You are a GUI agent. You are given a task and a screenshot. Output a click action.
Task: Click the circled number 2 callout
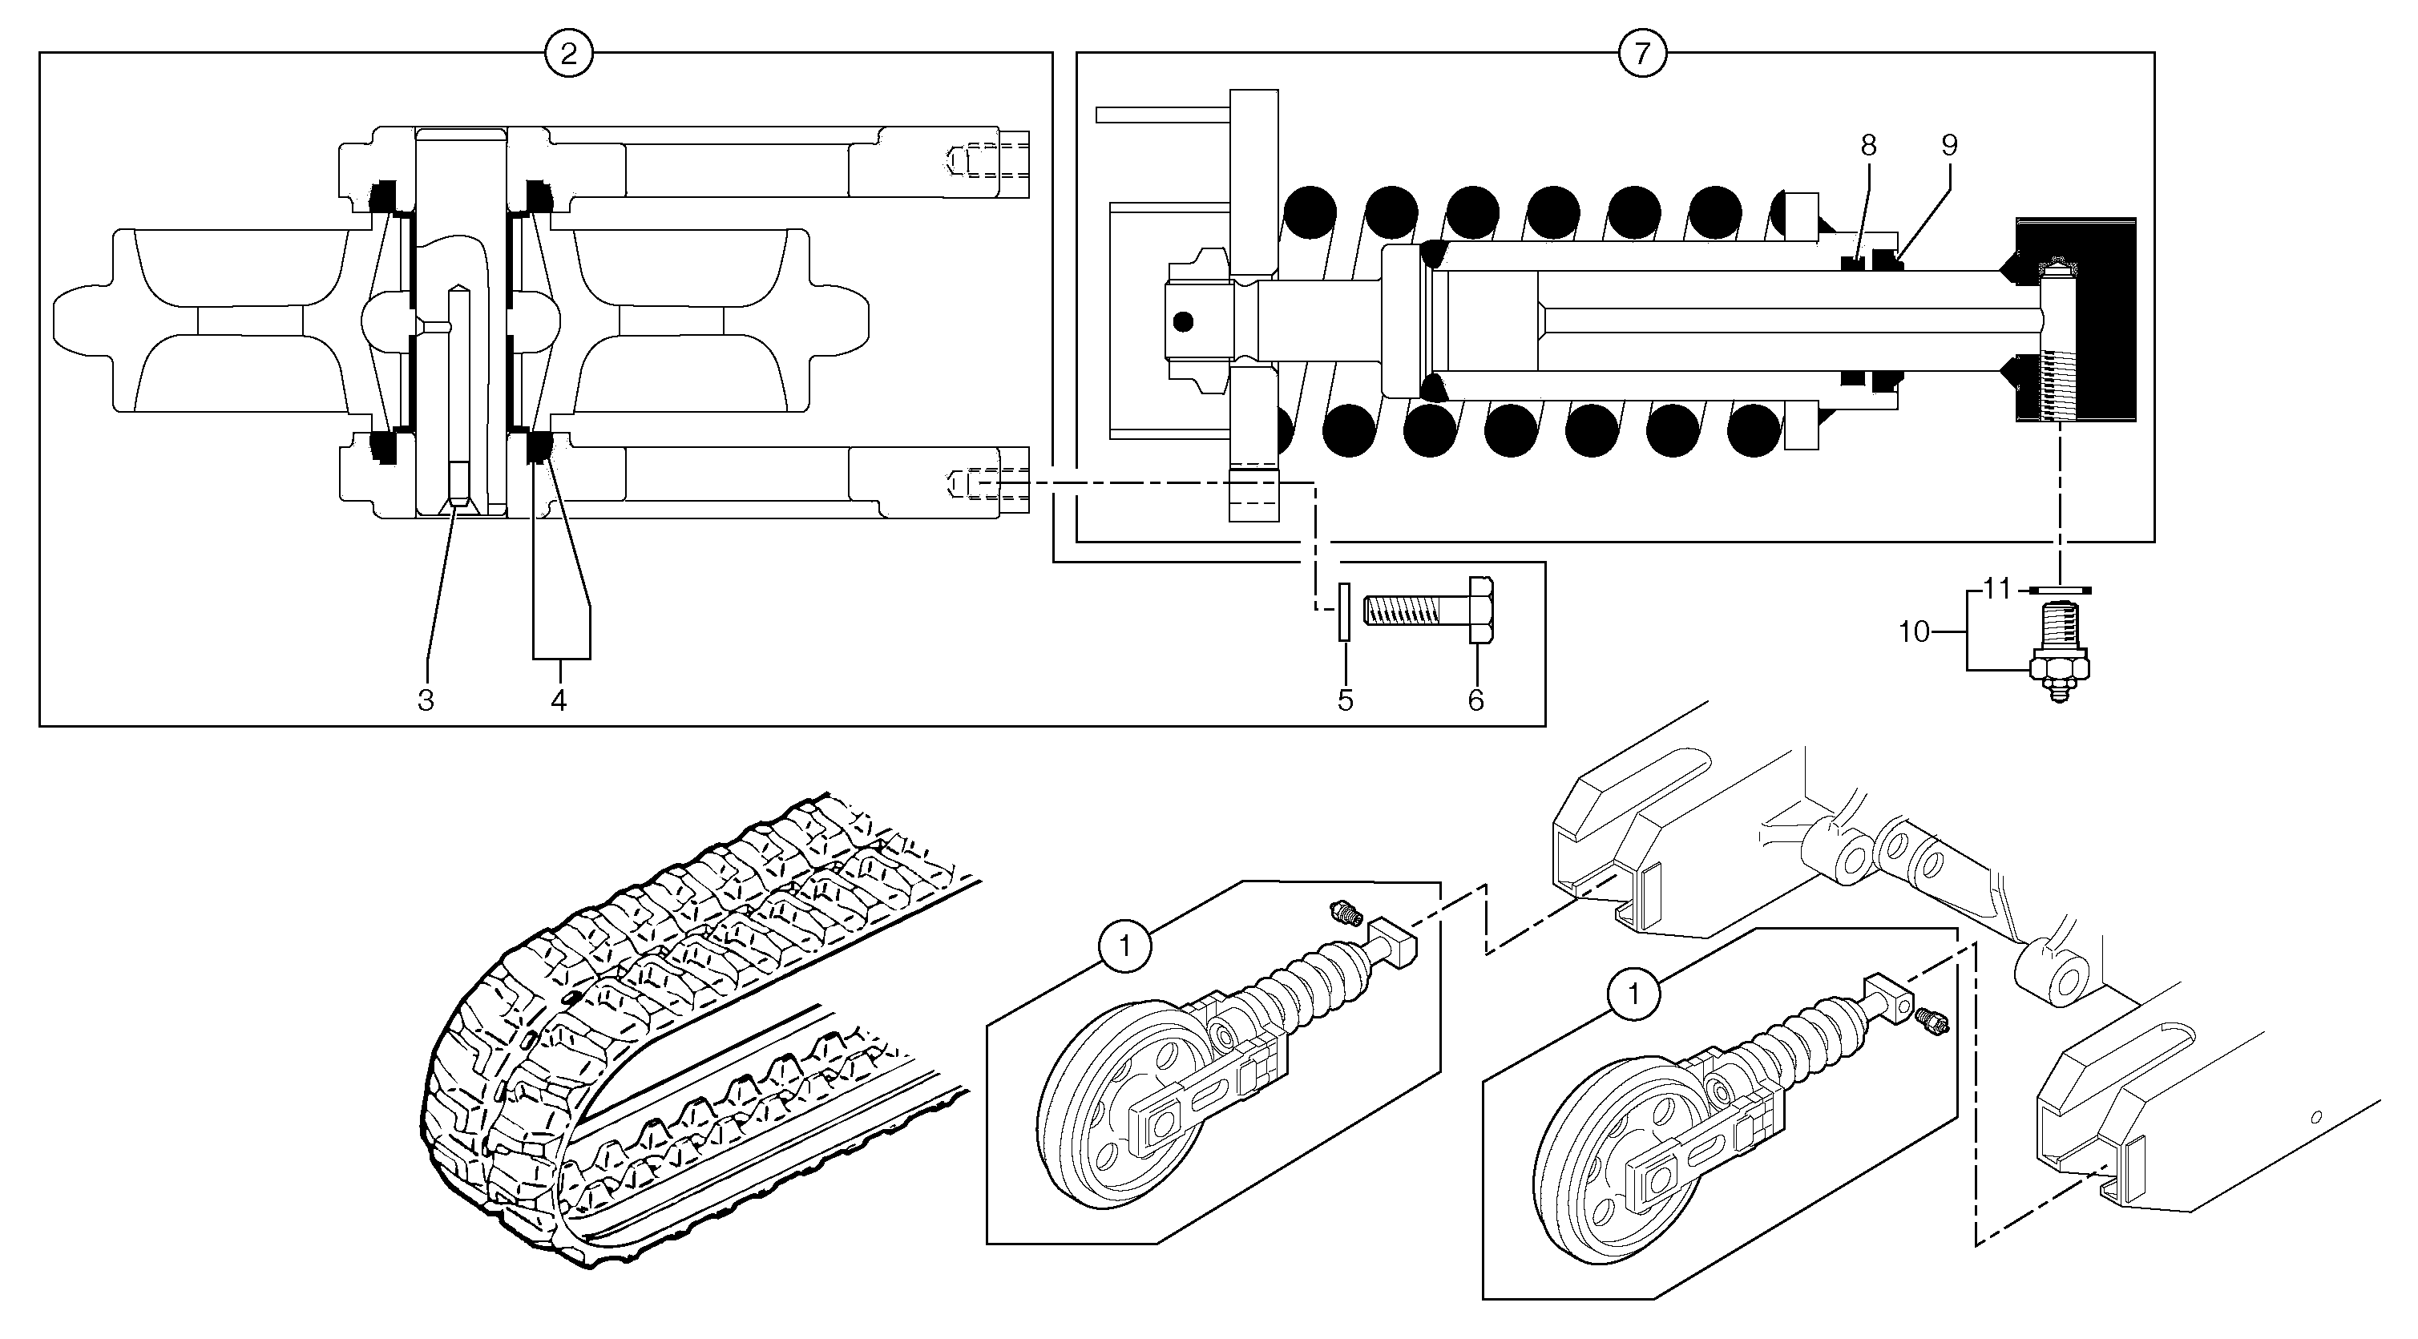568,54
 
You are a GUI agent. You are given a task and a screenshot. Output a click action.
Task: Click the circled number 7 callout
1641,54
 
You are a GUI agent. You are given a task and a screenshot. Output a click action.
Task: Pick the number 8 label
1868,146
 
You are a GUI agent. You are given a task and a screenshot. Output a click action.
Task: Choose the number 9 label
1950,146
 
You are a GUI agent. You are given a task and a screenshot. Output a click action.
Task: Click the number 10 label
1913,632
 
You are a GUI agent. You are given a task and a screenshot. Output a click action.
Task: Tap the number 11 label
1996,589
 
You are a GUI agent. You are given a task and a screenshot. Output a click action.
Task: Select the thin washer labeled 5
1345,611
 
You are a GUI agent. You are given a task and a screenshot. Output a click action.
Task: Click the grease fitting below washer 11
2060,666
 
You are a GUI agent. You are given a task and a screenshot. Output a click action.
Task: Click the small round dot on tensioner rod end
1183,322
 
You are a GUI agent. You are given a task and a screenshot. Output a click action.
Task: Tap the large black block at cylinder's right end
2102,319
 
